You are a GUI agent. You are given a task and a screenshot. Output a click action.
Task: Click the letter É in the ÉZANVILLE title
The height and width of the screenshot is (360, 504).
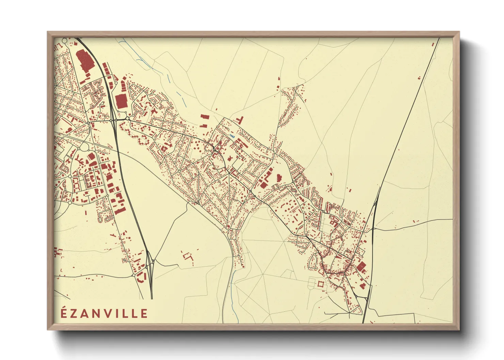[x=64, y=313]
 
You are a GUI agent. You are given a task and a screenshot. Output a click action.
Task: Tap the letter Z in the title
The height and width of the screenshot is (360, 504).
[x=74, y=313]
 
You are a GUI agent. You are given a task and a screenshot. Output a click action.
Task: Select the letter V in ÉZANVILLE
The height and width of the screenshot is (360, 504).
[x=108, y=313]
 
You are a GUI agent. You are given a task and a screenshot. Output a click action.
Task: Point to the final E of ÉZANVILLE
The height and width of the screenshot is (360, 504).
[x=144, y=313]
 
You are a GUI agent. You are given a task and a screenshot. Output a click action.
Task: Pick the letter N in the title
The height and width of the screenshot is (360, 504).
[x=97, y=313]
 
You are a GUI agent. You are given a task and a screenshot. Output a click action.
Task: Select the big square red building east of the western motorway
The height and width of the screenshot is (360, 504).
[x=121, y=101]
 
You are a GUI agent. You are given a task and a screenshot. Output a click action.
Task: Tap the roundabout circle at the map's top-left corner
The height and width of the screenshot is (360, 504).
[x=65, y=41]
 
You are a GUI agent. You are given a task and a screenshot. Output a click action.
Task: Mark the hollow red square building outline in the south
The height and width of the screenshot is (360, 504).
[x=320, y=283]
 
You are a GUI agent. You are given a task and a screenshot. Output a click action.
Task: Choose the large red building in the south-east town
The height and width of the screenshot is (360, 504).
[x=361, y=267]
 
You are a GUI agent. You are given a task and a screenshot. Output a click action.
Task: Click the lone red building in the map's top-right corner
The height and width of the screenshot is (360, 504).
[x=433, y=44]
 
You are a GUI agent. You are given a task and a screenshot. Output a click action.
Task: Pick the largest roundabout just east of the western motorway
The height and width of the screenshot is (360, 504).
[x=127, y=118]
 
